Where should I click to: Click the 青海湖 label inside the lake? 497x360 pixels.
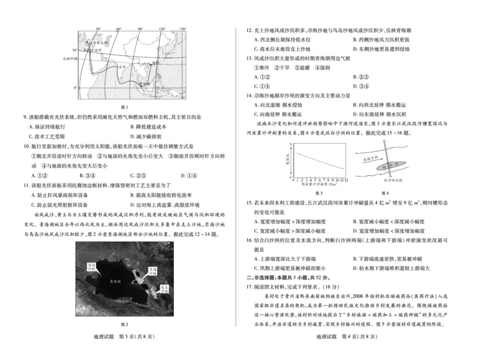coord(117,280)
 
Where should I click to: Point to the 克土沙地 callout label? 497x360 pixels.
coord(163,287)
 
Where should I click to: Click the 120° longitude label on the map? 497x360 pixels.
coord(161,29)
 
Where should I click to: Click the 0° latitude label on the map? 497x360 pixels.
coord(75,88)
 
